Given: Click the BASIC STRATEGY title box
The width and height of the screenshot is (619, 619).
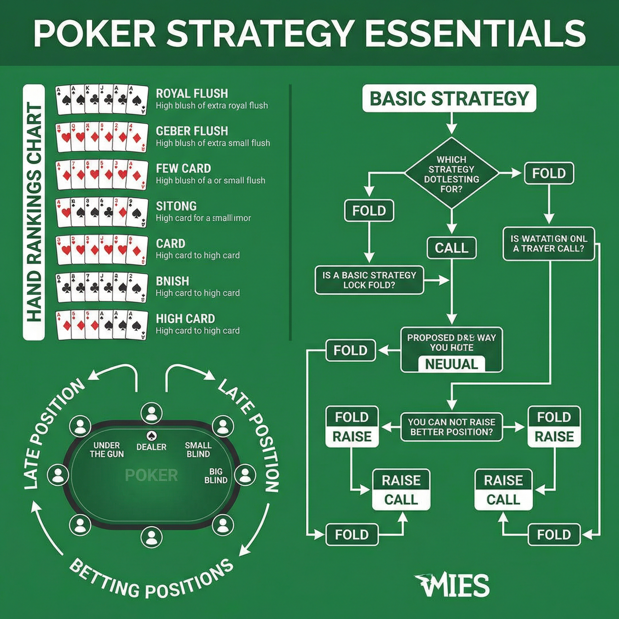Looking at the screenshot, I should click(449, 98).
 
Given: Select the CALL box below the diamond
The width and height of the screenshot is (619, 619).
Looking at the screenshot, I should click(452, 248).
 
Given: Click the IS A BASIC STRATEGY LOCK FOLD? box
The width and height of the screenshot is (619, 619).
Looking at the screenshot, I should click(369, 280).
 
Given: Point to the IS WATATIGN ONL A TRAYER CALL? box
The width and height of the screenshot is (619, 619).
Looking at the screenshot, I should click(549, 244).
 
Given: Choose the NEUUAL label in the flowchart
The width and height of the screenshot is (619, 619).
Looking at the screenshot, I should click(452, 364).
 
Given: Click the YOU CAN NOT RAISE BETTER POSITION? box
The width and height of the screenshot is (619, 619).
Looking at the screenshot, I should click(452, 427).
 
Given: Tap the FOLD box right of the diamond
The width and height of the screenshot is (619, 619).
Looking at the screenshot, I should click(549, 173).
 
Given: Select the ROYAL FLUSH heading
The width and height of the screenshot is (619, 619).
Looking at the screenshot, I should click(192, 94).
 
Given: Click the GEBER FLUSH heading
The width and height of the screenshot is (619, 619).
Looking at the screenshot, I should click(192, 131).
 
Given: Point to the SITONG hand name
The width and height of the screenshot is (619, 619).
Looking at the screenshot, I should click(176, 206).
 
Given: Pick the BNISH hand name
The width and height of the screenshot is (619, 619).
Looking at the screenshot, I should click(172, 281).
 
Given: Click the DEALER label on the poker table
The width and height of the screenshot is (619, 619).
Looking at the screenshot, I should click(151, 447).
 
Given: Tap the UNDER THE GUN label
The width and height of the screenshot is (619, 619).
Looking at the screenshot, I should click(107, 449).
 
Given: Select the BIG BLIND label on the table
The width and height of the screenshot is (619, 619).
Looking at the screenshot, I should click(216, 476).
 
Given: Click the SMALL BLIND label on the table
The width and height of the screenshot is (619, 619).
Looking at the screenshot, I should click(198, 449).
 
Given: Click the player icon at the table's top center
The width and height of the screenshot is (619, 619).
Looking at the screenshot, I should click(151, 413).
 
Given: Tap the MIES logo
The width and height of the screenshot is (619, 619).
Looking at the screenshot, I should click(452, 585).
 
